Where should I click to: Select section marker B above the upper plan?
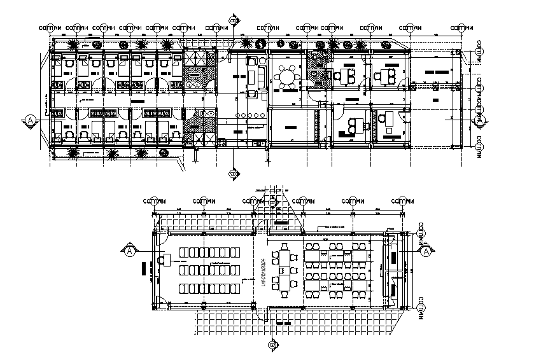coord(233,20)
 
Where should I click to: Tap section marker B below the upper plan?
coord(233,173)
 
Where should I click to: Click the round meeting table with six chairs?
coord(288,77)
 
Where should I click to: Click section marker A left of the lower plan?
coord(130,251)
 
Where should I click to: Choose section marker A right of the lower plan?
coord(424,252)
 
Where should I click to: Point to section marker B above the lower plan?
coord(274,203)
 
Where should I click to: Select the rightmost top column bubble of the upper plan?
coord(462,28)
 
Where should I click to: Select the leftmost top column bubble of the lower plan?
coord(152,202)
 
